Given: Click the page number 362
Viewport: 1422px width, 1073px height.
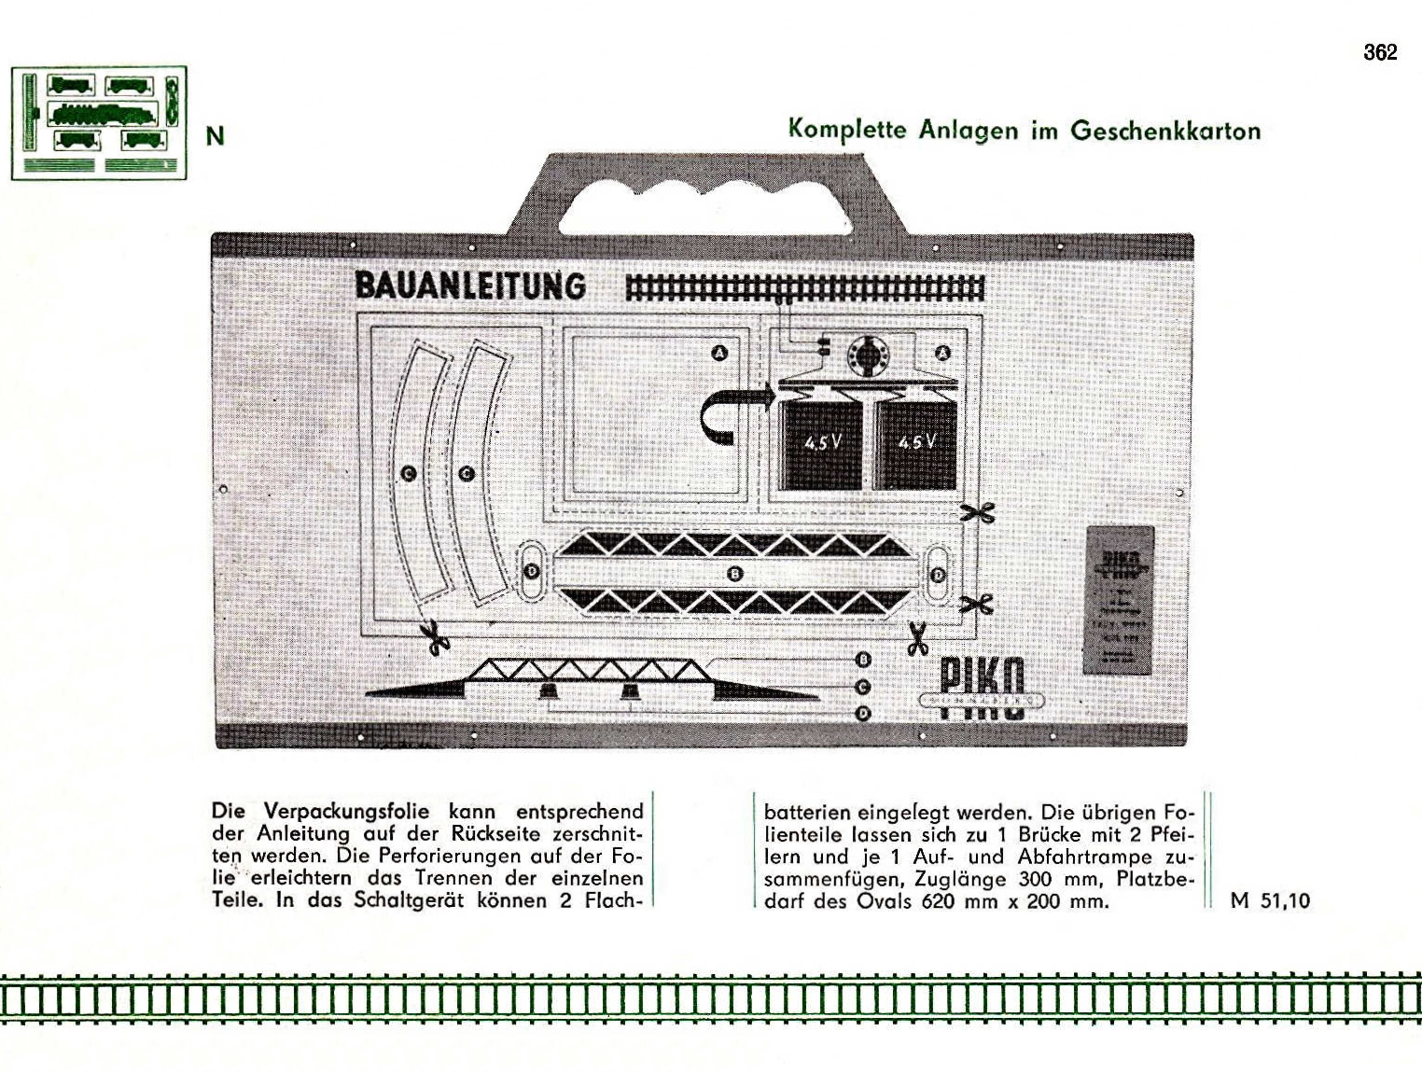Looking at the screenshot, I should [1380, 52].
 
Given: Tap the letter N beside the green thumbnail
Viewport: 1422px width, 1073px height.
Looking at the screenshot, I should [216, 136].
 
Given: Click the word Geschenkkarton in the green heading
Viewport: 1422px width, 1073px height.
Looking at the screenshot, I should [1165, 130].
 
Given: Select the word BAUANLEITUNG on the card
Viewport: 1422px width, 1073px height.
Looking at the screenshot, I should [470, 286].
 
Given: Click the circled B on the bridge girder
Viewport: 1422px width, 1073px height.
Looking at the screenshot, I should [735, 573].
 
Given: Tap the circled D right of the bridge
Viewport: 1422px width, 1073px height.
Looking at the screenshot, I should [938, 574].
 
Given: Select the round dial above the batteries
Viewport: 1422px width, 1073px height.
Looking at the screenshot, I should [870, 355].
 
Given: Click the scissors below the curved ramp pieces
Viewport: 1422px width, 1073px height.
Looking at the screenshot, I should [434, 637].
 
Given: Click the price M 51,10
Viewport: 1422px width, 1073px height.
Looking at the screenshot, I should [1270, 900].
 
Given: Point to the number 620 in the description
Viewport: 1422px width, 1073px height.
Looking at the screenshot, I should [940, 901].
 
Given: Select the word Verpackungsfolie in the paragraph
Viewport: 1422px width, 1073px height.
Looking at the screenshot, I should [346, 811].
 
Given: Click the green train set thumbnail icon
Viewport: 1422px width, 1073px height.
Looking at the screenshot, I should [99, 123].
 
